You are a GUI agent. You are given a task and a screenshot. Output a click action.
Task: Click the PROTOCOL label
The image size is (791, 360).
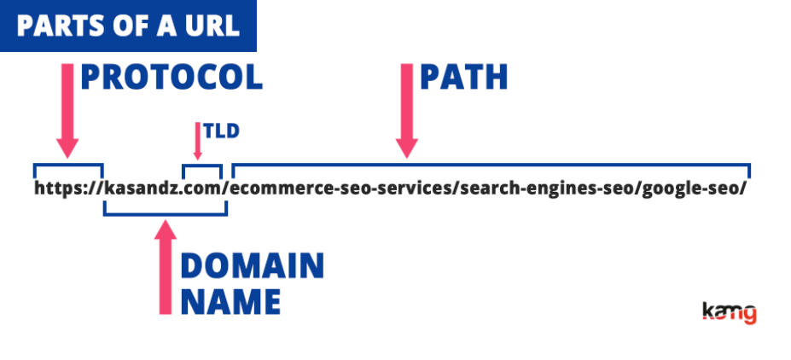172,78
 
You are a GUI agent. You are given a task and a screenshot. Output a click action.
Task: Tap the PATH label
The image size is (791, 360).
463,78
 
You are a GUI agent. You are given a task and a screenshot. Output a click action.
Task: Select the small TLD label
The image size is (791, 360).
221,131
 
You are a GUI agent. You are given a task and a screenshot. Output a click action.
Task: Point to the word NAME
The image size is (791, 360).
230,301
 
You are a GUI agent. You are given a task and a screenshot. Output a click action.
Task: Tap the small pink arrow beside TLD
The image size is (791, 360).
198,141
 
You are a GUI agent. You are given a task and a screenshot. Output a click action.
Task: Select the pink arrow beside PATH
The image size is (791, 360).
407,111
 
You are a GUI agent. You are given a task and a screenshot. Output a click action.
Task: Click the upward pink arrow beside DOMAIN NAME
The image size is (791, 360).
165,267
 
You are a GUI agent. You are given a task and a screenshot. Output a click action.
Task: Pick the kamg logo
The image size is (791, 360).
730,313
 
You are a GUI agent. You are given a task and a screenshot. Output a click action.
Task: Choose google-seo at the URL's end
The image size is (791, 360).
689,189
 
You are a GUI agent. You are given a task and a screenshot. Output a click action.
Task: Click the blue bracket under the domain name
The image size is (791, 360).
166,214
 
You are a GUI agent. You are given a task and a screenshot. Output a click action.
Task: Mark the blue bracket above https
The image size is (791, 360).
68,165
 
